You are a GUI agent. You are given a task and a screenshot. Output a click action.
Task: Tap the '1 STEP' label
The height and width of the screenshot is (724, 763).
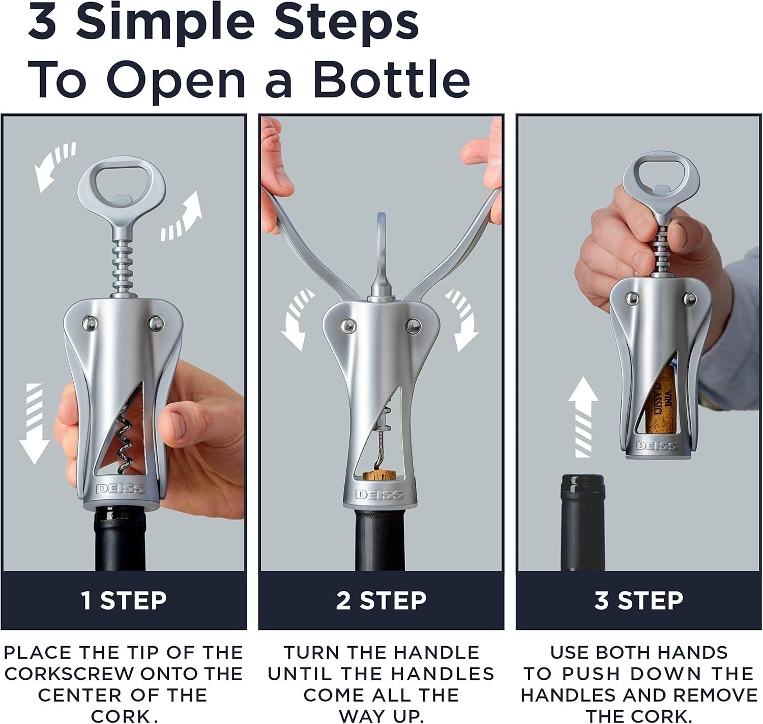pyautogui.click(x=124, y=600)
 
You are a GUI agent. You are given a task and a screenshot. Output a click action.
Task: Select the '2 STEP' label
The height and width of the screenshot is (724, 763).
pyautogui.click(x=381, y=600)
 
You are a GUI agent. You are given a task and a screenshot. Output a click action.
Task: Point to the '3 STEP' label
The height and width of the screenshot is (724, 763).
pyautogui.click(x=638, y=600)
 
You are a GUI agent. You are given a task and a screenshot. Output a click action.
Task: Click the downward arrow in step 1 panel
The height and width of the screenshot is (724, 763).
pyautogui.click(x=34, y=424)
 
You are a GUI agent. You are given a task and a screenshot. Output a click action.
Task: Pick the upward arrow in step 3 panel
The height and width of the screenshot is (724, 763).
pyautogui.click(x=583, y=417)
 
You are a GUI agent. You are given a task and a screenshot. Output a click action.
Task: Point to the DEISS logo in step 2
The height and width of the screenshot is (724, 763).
pyautogui.click(x=379, y=494)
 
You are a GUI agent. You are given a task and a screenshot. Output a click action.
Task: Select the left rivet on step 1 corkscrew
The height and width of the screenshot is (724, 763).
pyautogui.click(x=90, y=323)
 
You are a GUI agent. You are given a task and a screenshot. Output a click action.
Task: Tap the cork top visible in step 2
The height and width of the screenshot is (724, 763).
pyautogui.click(x=379, y=476)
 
